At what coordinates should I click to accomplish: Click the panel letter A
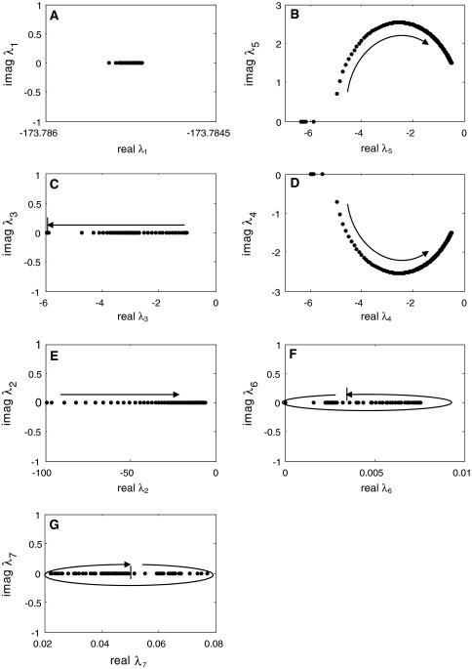point(53,17)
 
